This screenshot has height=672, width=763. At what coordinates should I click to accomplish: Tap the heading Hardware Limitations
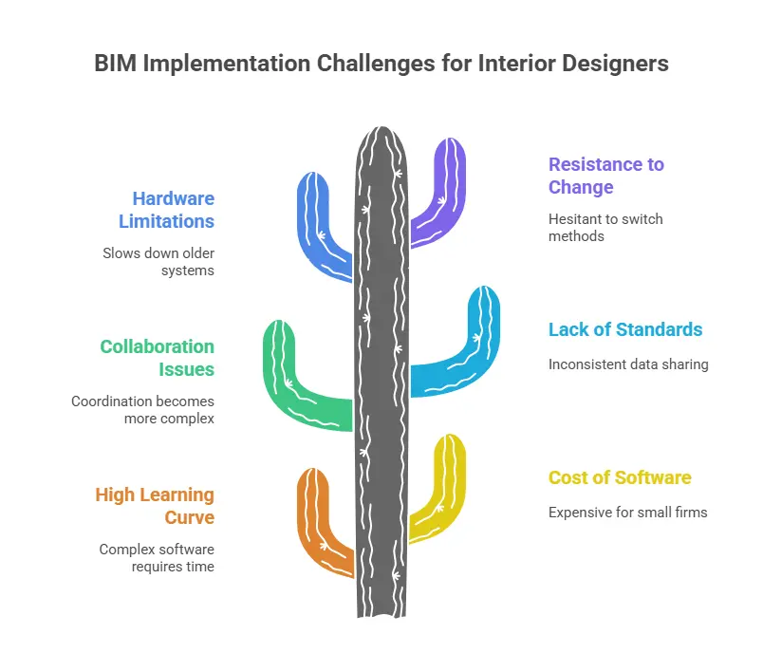click(173, 210)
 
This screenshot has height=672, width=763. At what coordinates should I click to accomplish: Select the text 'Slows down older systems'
click(158, 262)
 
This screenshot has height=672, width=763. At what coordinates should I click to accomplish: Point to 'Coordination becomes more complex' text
click(143, 410)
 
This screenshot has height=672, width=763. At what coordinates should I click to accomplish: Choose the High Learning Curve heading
click(155, 506)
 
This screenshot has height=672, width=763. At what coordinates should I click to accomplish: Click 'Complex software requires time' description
click(157, 558)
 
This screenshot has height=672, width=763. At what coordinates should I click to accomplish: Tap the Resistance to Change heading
click(605, 176)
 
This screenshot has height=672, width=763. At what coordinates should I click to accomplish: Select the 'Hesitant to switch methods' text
click(605, 227)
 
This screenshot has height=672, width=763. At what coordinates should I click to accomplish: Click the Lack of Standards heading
click(625, 330)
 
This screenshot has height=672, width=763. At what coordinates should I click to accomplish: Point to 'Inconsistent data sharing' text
click(628, 364)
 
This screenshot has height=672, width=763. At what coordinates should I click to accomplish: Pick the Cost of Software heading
click(620, 477)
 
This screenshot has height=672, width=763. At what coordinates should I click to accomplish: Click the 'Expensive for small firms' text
click(627, 513)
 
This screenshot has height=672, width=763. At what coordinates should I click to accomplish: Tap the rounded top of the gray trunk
click(381, 140)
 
